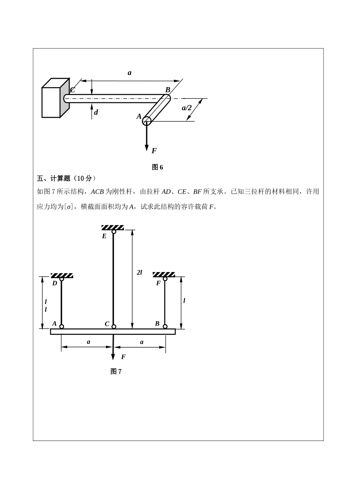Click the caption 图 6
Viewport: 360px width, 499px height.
[157, 167]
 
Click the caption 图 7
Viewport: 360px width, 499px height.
[116, 371]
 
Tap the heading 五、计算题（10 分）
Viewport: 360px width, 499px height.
[66, 178]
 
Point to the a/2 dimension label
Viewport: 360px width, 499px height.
[186, 108]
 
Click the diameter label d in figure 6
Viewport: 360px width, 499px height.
[96, 112]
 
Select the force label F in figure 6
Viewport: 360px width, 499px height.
[154, 150]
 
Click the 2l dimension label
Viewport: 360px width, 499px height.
[139, 272]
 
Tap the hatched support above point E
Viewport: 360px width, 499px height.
[113, 227]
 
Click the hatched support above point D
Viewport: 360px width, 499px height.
[62, 275]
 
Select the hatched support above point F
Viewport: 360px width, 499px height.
[164, 274]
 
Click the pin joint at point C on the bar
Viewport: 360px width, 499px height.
[114, 327]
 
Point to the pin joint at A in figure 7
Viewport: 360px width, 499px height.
[62, 327]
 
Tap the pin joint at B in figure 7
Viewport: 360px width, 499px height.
[165, 326]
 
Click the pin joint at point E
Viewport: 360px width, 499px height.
[114, 232]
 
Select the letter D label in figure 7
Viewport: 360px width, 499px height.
[55, 283]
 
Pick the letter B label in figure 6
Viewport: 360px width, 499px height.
[167, 89]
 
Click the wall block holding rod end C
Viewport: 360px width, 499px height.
[56, 98]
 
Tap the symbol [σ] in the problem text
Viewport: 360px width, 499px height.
[68, 207]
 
